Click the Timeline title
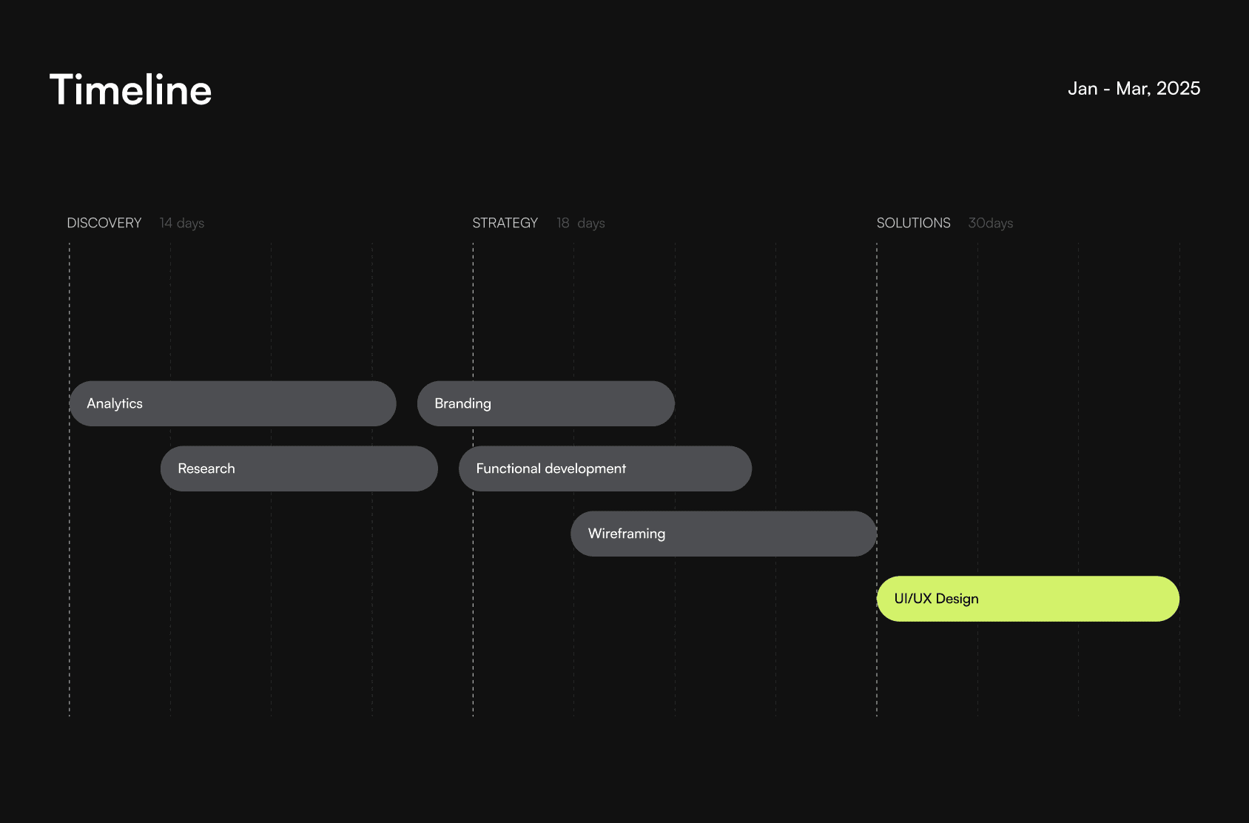tap(130, 90)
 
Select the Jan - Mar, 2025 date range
tap(1134, 89)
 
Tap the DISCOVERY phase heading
tap(104, 224)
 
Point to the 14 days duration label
tap(182, 224)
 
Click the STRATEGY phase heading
tap(505, 224)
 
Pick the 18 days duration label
tap(581, 224)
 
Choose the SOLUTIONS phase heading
tap(913, 224)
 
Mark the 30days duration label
tap(991, 224)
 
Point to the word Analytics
tap(115, 404)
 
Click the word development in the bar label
tap(585, 469)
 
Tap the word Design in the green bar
tap(957, 599)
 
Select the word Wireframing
tap(627, 534)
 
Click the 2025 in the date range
tap(1179, 89)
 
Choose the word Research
tap(206, 469)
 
